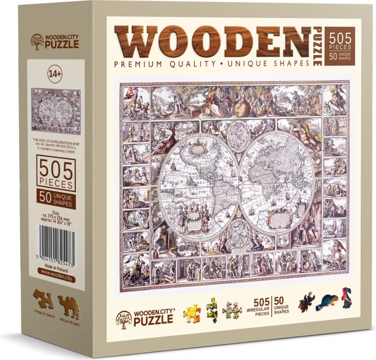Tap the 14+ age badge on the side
[55, 71]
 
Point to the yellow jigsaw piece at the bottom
[191, 313]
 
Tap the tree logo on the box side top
[38, 41]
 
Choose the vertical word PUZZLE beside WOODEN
[317, 46]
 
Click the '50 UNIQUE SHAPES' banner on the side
[55, 199]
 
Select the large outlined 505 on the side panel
[55, 170]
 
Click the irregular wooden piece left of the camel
[44, 298]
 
